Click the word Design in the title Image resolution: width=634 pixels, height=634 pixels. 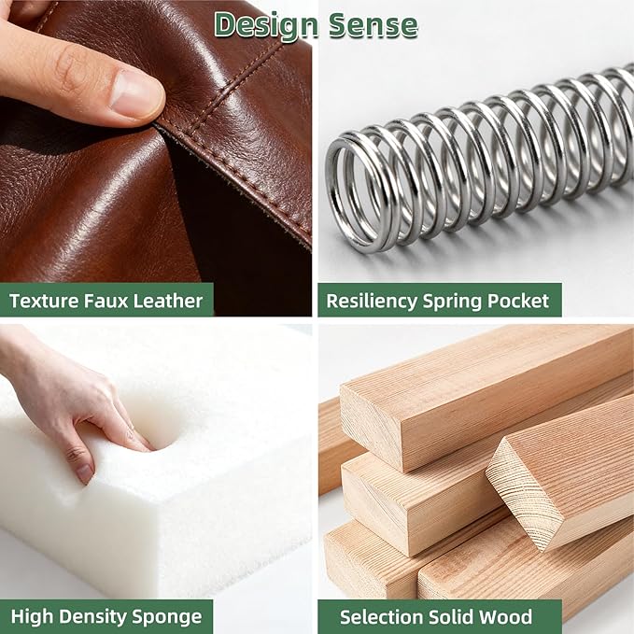click(x=266, y=25)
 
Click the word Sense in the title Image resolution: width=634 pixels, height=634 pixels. click(x=373, y=25)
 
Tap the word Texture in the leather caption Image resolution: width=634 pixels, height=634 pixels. click(x=44, y=301)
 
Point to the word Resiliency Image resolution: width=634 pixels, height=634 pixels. click(x=372, y=302)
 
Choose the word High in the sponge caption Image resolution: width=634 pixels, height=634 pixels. click(x=34, y=617)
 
